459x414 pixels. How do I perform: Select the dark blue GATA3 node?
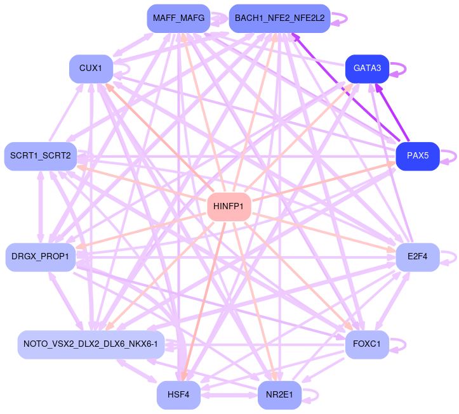[x=367, y=68]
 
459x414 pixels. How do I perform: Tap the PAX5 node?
[x=418, y=156]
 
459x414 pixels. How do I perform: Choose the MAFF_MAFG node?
[x=178, y=18]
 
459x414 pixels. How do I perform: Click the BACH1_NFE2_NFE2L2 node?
[x=279, y=18]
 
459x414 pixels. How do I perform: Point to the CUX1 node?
[x=91, y=68]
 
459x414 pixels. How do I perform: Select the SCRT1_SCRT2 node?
[x=41, y=156]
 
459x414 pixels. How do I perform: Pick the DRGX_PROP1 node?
[x=41, y=257]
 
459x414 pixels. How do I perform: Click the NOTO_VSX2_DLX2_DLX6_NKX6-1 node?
[x=91, y=345]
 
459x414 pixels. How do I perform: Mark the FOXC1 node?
[x=367, y=345]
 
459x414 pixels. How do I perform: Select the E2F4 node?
[x=418, y=257]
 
